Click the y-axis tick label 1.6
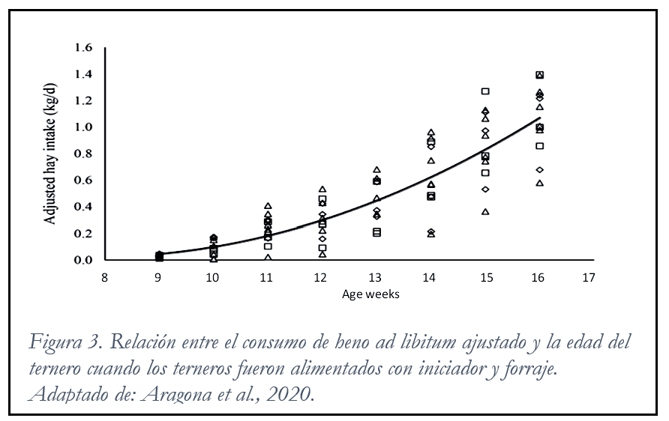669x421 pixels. click(82, 48)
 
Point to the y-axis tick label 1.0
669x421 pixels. click(82, 127)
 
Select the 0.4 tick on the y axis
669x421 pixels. click(82, 207)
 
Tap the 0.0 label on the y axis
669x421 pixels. click(82, 260)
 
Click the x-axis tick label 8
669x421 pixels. click(104, 278)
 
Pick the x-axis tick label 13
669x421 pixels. click(376, 278)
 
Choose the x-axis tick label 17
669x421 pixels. click(589, 278)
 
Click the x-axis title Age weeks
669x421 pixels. click(370, 294)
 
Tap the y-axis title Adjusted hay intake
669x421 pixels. click(53, 153)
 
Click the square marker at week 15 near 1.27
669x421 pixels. click(485, 91)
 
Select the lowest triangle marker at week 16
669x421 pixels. click(539, 183)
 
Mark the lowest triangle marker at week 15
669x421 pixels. click(485, 211)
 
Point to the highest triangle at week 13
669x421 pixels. click(376, 170)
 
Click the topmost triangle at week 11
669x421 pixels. click(268, 206)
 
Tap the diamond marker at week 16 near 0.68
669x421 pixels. click(539, 170)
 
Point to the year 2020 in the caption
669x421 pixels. click(288, 395)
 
